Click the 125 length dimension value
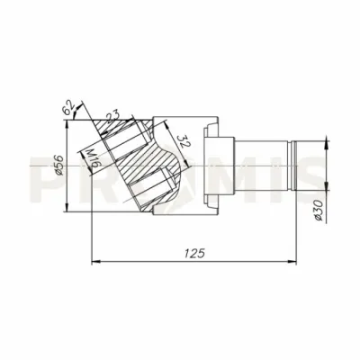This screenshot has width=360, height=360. (x=194, y=254)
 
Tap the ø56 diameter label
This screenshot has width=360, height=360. (x=58, y=166)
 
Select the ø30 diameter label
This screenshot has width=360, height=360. (x=319, y=211)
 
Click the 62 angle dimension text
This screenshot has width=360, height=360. (x=68, y=107)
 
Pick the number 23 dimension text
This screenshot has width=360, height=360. (x=112, y=116)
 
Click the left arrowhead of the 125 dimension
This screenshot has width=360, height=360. (x=95, y=262)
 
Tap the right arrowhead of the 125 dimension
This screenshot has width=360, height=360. (x=292, y=262)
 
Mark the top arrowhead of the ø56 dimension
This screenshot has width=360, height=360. (x=67, y=124)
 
